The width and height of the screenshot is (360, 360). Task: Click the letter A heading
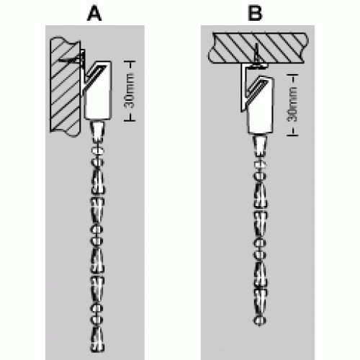[x=94, y=14]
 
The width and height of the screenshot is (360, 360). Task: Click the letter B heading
[x=255, y=13]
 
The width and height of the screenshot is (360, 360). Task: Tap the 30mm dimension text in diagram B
[x=292, y=104]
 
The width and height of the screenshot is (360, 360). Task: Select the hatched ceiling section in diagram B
[x=258, y=48]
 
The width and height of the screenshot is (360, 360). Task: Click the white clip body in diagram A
[x=99, y=90]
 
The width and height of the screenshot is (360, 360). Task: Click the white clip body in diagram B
[x=261, y=104]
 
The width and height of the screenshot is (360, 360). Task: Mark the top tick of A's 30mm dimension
[x=130, y=61]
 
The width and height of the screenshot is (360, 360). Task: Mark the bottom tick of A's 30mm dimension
[x=130, y=121]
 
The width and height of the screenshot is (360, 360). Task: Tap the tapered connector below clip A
[x=98, y=132]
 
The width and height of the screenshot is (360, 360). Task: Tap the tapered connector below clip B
[x=260, y=145]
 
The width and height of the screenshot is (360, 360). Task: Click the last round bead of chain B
[x=260, y=320]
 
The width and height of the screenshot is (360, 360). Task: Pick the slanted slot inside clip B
[x=257, y=89]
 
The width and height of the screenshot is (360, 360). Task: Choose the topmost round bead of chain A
[x=97, y=150]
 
